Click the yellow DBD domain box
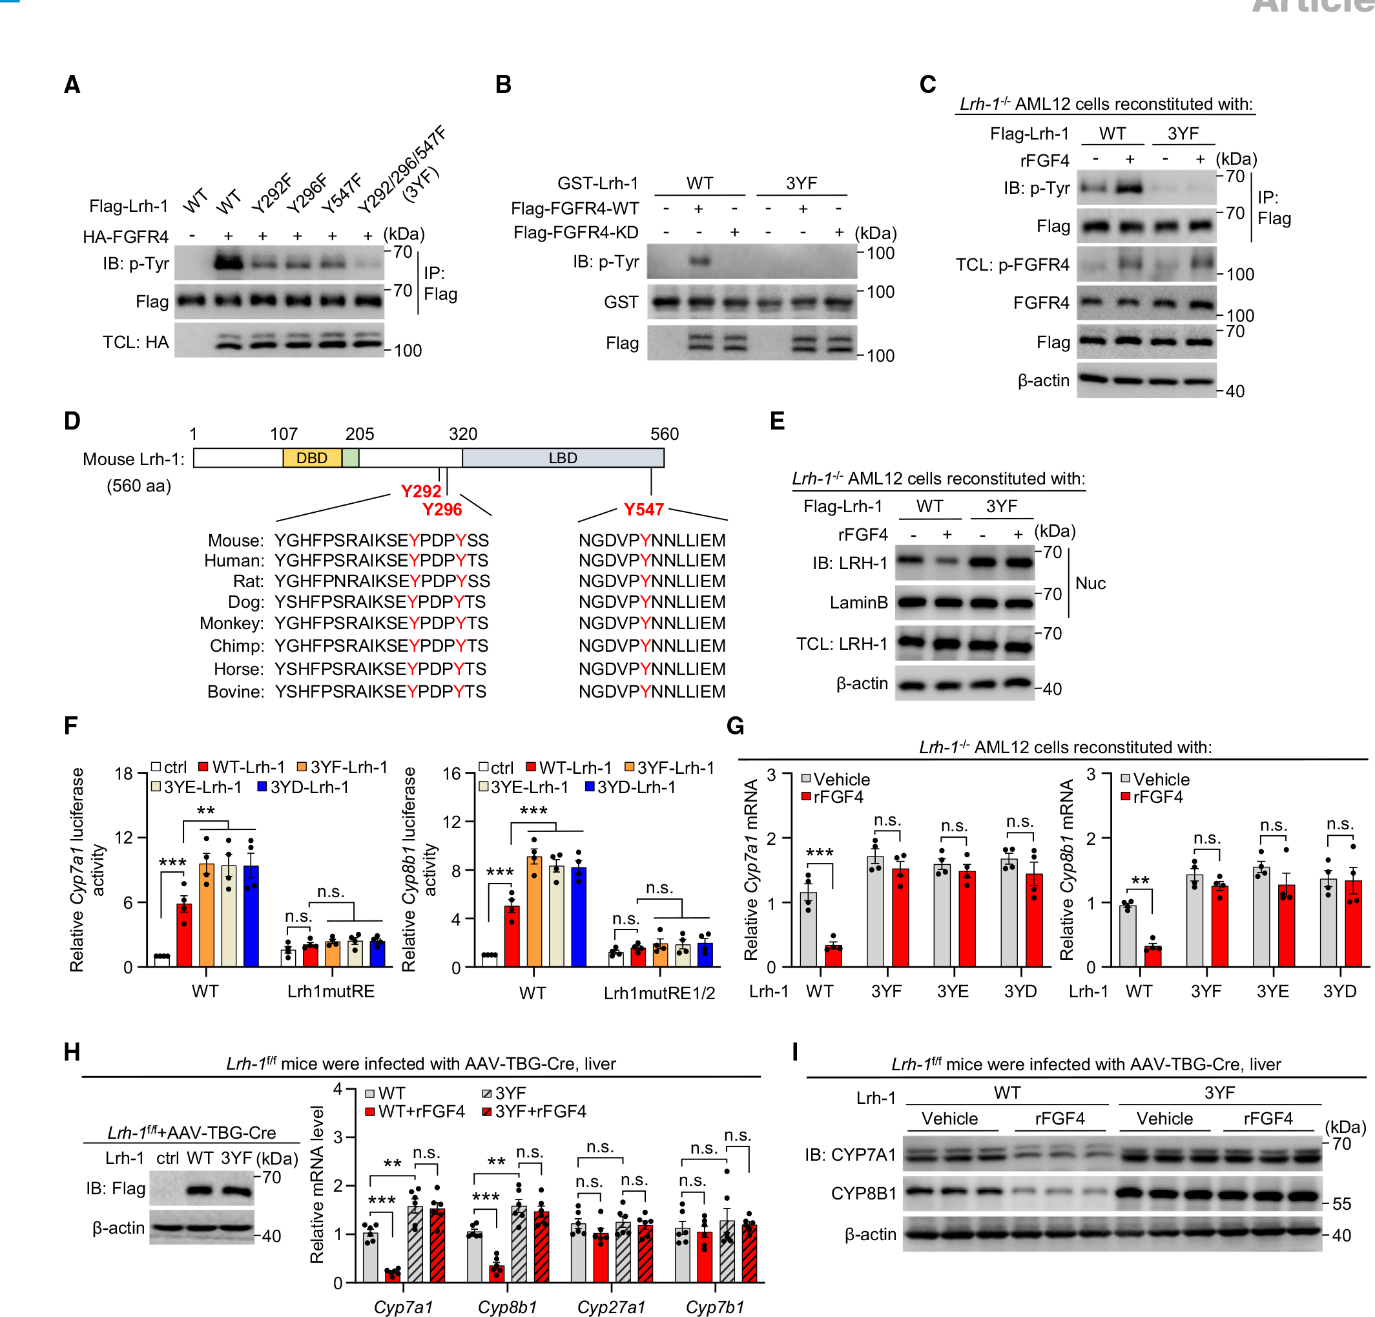point(311,458)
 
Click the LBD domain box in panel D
point(563,458)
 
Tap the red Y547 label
point(643,510)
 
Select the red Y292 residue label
point(421,491)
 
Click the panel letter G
point(735,725)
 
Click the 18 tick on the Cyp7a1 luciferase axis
point(124,774)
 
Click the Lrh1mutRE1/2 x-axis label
point(659,993)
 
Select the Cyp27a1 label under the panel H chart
point(611,1307)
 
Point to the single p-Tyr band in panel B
point(699,262)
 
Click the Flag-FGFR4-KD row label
point(576,233)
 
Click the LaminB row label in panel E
point(859,603)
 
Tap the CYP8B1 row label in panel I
point(863,1194)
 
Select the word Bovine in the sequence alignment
point(235,692)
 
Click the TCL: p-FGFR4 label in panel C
point(1012,265)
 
